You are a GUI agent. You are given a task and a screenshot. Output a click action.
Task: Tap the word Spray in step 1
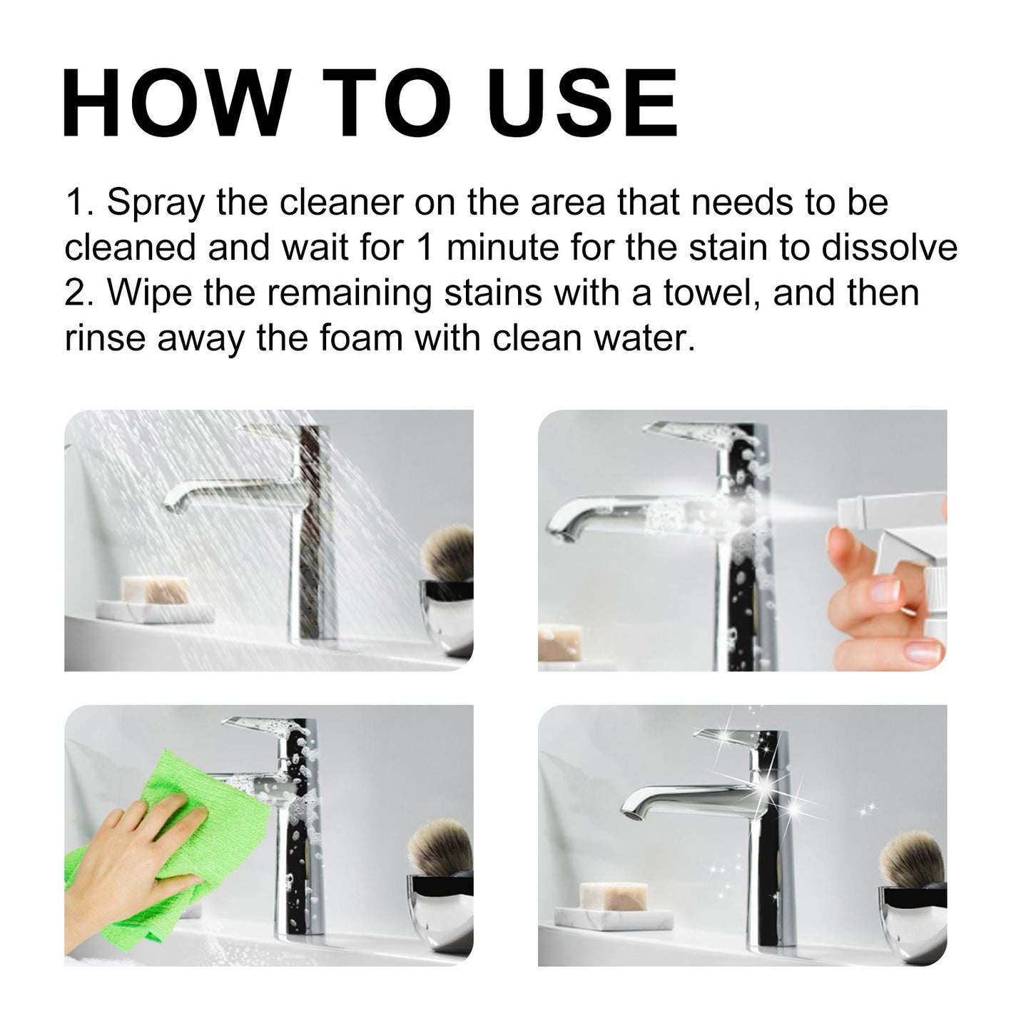pyautogui.click(x=156, y=203)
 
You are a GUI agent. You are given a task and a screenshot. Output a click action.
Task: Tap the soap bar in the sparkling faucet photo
pyautogui.click(x=614, y=896)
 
